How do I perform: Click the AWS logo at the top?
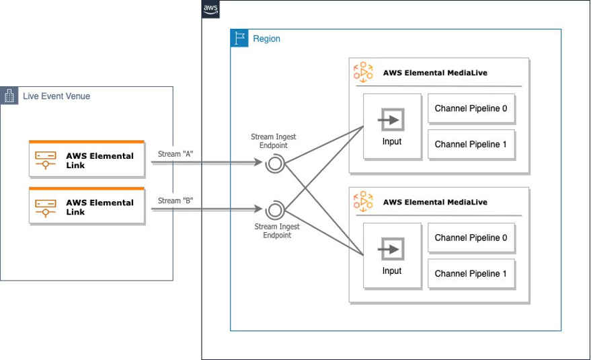point(210,9)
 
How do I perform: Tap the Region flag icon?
point(239,38)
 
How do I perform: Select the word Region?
point(266,39)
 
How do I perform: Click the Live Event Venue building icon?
point(9,96)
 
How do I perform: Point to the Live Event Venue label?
point(56,96)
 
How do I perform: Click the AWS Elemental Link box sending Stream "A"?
point(87,160)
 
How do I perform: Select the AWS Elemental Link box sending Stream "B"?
point(87,207)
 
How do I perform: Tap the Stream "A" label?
point(175,154)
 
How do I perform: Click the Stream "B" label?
point(175,201)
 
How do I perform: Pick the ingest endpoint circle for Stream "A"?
point(274,163)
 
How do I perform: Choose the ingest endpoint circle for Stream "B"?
point(274,210)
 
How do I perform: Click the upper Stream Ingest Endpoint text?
point(274,141)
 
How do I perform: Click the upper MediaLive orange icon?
point(363,72)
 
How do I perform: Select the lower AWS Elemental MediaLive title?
point(435,202)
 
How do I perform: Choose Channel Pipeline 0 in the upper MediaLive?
point(471,108)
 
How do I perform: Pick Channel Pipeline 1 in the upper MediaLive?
point(471,144)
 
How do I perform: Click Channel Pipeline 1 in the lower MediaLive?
point(471,273)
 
